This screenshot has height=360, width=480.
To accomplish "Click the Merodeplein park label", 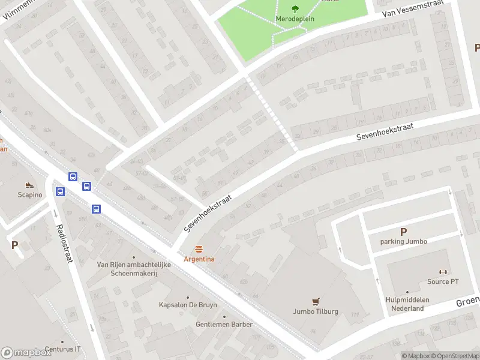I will click(295, 19).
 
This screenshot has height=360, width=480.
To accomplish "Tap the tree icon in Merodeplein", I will click(295, 8).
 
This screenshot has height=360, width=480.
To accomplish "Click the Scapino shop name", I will click(29, 195).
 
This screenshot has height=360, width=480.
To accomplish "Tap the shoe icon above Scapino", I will click(29, 185).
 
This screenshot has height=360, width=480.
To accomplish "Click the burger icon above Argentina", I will click(199, 249).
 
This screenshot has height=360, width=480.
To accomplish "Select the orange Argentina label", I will click(199, 259).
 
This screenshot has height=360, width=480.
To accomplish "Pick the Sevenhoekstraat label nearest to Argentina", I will click(208, 209).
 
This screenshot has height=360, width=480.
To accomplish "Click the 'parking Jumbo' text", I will click(403, 241).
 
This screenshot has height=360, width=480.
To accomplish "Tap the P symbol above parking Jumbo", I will click(403, 232).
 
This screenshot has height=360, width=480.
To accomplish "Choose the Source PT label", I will click(443, 281).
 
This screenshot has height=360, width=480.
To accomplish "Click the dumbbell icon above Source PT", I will click(443, 272).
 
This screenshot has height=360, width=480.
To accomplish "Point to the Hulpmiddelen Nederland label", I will click(404, 304).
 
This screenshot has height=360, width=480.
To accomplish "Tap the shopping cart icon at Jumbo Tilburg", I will click(316, 302).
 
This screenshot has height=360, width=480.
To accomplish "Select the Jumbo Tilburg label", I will click(316, 311).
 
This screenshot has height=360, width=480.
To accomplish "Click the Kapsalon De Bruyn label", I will click(188, 305).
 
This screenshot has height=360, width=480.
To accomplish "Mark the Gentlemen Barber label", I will click(224, 324).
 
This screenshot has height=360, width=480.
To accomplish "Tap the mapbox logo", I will click(26, 353).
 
